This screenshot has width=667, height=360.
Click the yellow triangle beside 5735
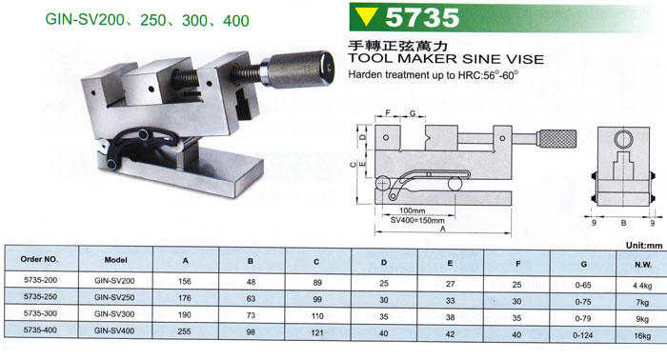pos(366,17)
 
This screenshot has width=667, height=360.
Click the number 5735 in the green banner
pos(422,17)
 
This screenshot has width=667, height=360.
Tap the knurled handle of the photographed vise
pos(302,70)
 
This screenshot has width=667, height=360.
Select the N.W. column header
pos(643,265)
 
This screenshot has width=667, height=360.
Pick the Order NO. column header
pos(40,259)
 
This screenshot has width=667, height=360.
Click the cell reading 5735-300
pos(40,313)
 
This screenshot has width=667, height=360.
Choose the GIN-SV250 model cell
pos(114,297)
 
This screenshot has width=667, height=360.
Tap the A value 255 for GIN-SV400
pos(184,331)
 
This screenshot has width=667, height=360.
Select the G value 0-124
pos(583,335)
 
